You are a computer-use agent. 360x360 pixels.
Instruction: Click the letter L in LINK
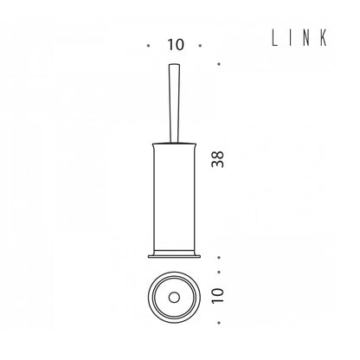(x=274, y=38)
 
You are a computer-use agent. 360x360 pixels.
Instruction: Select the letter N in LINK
(x=307, y=38)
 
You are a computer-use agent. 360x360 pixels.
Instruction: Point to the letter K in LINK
(x=325, y=38)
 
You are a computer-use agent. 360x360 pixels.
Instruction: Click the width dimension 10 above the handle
(x=176, y=45)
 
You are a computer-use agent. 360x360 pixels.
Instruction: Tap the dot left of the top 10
(x=149, y=46)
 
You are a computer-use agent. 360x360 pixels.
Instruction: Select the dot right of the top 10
(x=200, y=46)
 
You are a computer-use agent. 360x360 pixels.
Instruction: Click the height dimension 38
(x=218, y=159)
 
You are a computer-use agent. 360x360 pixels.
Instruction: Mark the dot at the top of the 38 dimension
(x=219, y=64)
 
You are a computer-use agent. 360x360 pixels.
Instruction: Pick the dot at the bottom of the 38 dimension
(x=219, y=257)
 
